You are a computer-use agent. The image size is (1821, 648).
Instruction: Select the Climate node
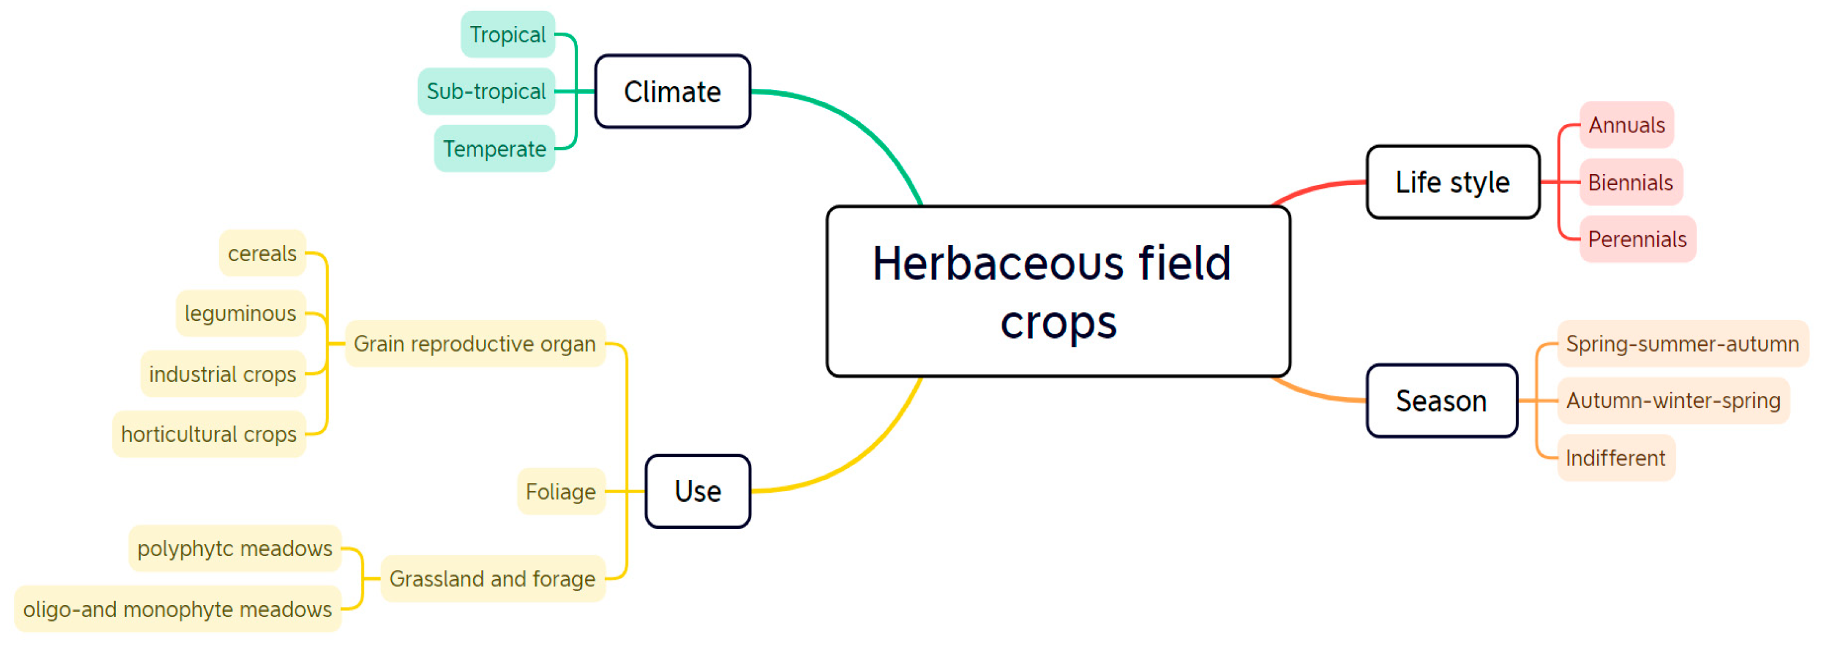coord(672,92)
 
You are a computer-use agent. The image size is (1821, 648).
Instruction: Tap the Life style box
coord(1452,183)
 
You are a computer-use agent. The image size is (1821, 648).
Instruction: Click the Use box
coord(698,491)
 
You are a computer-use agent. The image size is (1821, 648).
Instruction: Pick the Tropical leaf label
coord(508,34)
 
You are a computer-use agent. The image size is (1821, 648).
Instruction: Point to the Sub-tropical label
coord(486,92)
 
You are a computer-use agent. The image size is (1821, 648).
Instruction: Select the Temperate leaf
coord(494,149)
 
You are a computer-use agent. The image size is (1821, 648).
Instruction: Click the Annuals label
coord(1626,125)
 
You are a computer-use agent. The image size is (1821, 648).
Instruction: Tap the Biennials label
coord(1630,183)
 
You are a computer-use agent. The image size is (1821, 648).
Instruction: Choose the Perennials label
coord(1637,240)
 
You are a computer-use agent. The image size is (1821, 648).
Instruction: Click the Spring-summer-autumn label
coord(1682,344)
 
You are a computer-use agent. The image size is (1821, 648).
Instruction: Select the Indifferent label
coord(1616,458)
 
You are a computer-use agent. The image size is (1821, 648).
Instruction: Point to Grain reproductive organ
coord(474,344)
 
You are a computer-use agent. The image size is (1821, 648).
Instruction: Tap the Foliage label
coord(561,491)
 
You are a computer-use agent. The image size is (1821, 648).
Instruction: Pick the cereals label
coord(262,253)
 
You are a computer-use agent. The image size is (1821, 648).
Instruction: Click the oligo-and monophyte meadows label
coord(178,609)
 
